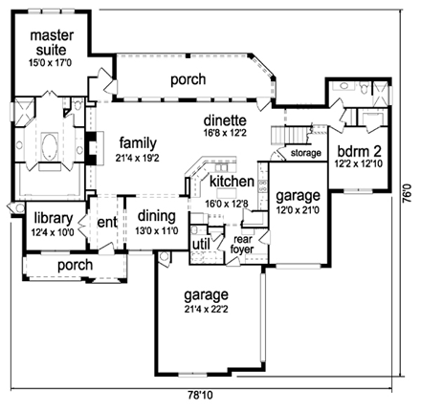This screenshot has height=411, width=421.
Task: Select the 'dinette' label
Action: point(226,121)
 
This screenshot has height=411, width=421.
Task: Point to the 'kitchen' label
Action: point(231,182)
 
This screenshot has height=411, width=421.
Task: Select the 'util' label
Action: point(201,245)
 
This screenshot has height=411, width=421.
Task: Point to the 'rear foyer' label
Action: point(244,245)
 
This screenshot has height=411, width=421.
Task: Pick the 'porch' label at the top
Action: point(188,80)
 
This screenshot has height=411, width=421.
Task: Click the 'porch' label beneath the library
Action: point(75,265)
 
